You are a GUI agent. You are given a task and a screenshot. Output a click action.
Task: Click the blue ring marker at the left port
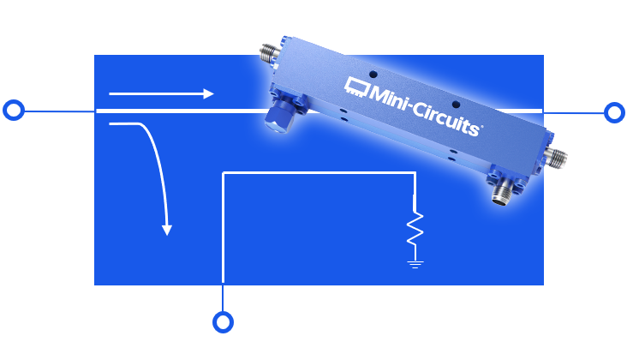[14, 111]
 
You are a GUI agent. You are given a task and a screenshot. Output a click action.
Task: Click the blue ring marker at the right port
[613, 112]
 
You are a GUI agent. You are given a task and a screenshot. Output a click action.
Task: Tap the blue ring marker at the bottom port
[223, 322]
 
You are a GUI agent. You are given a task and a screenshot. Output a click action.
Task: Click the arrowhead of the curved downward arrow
[167, 229]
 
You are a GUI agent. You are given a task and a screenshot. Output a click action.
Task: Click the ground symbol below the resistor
[415, 263]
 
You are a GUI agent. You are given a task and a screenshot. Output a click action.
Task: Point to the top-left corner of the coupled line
[224, 173]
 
